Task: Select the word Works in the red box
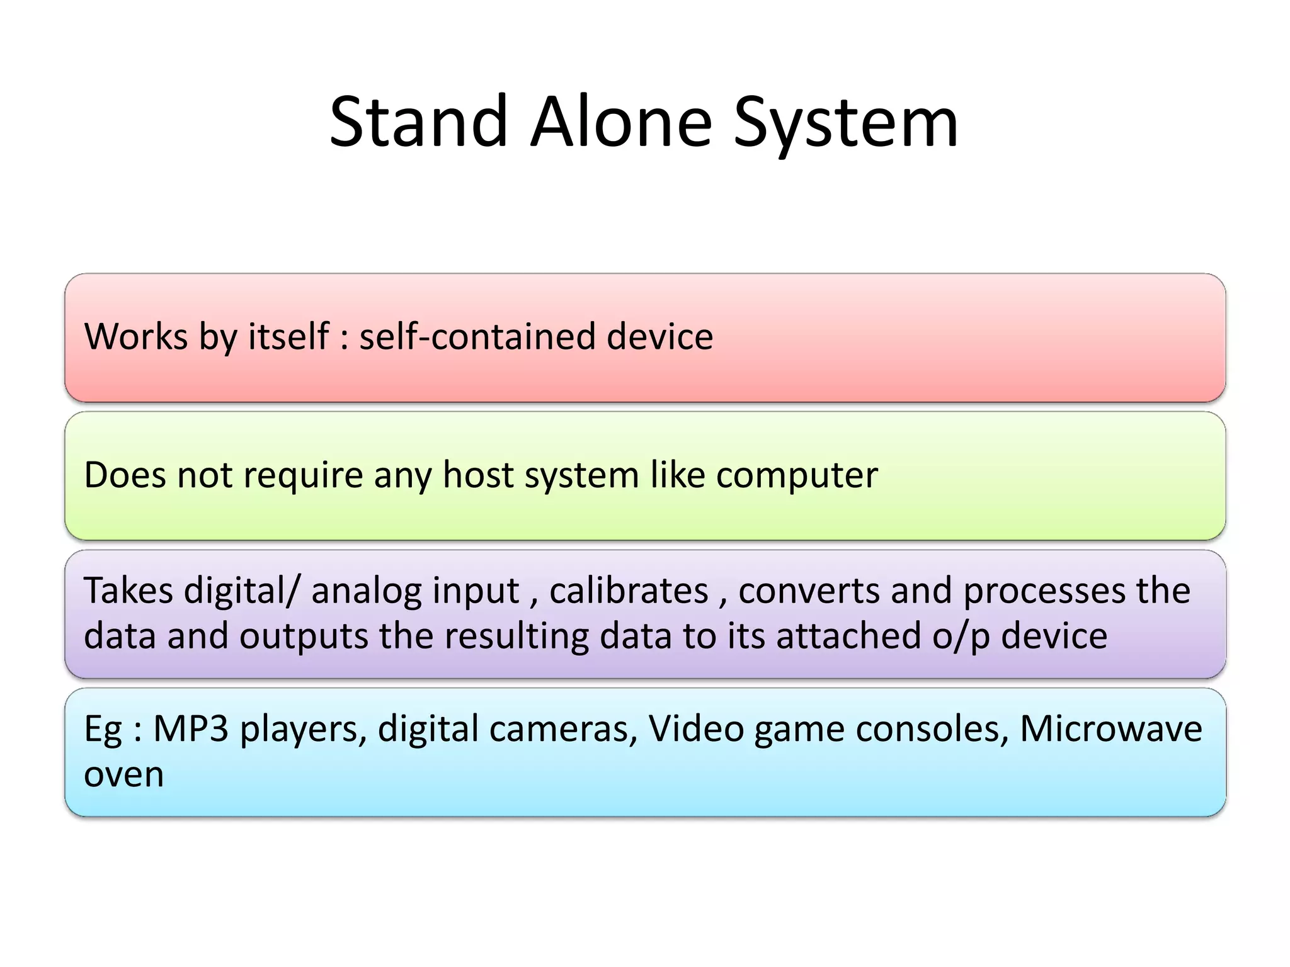(x=136, y=336)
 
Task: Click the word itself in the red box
(x=288, y=336)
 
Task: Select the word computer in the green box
(x=796, y=476)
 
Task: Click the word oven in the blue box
(x=123, y=775)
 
